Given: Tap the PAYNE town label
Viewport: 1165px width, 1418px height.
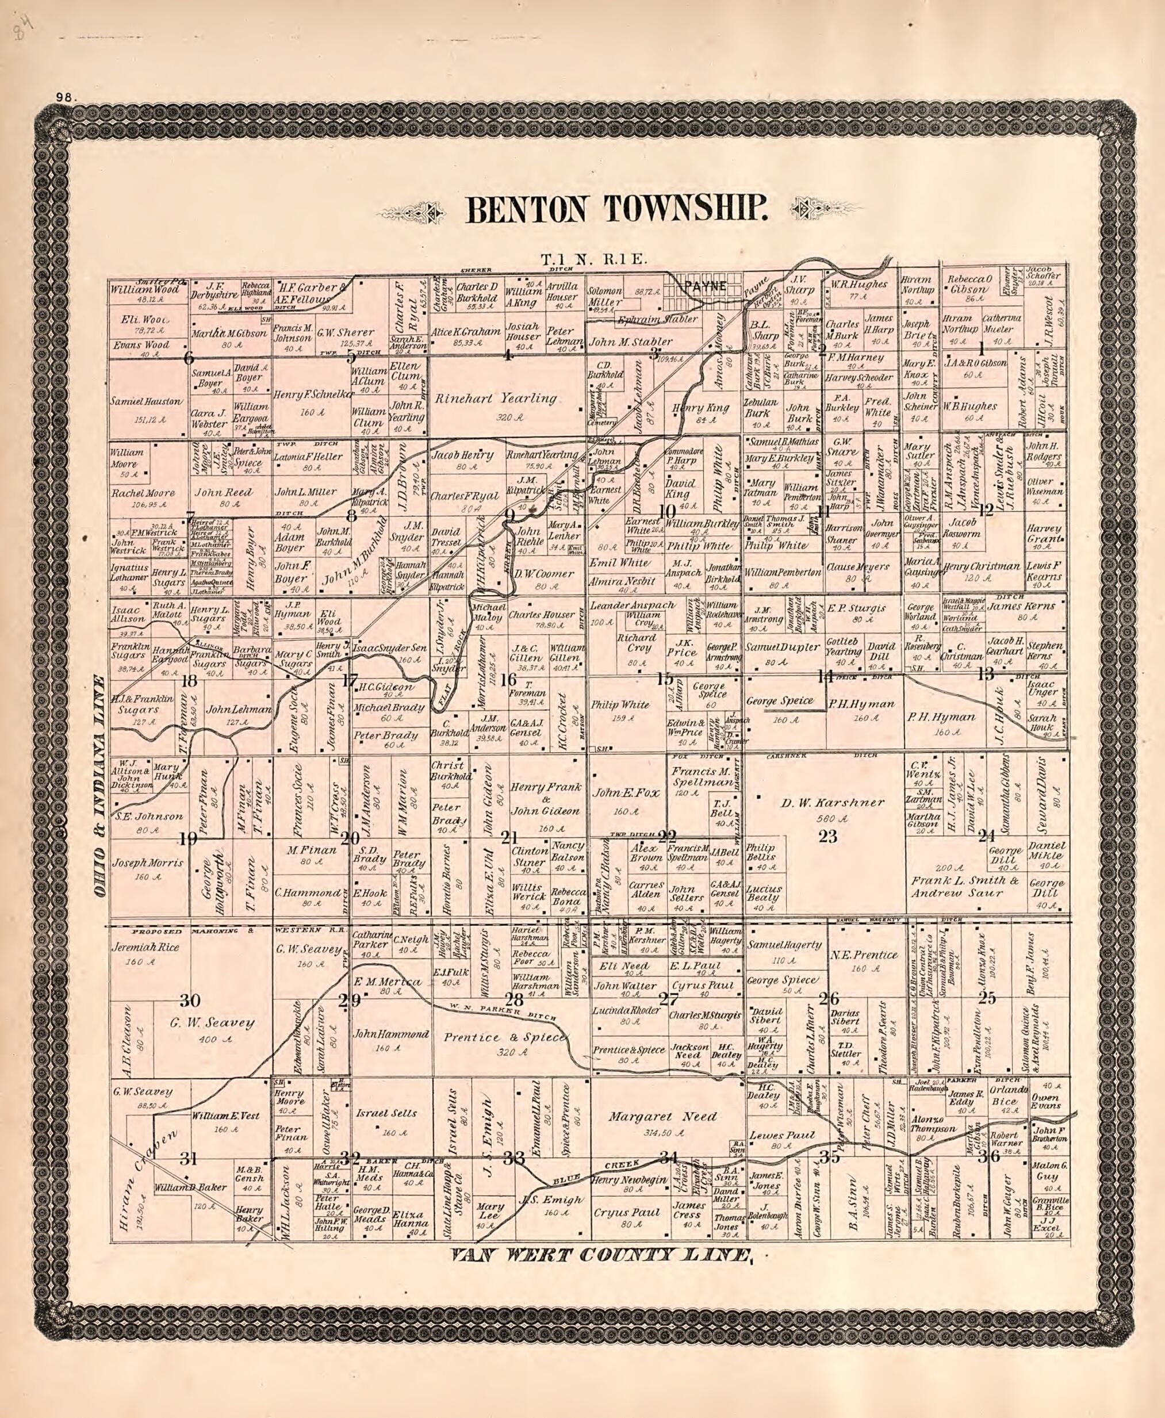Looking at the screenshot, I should (706, 286).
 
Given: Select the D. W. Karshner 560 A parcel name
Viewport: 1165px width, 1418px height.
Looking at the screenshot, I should (832, 802).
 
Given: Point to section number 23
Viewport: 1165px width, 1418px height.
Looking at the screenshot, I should (829, 836).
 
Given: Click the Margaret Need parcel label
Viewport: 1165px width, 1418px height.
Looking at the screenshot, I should (662, 1117).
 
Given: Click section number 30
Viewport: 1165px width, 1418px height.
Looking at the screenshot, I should (190, 1000).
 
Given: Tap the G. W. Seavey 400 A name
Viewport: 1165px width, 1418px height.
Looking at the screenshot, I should (212, 1024).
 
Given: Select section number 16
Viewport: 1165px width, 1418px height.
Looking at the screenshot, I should (509, 679).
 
